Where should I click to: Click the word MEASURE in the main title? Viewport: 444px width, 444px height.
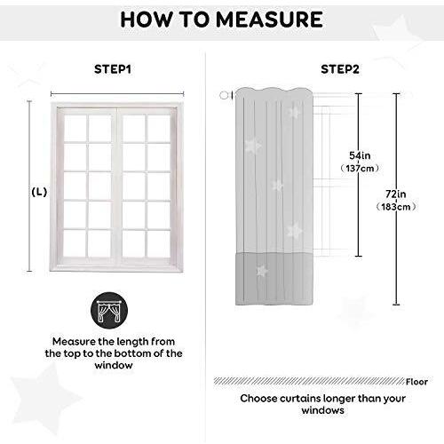[x=270, y=20]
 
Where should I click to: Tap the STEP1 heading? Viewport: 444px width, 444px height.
[x=113, y=69]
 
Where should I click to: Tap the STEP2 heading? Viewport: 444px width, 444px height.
[x=340, y=69]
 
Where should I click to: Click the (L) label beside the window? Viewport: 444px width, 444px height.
[x=39, y=192]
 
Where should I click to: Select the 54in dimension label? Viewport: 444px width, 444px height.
[x=360, y=155]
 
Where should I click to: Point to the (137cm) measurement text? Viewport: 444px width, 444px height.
[x=360, y=169]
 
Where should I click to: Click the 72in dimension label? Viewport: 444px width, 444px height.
[x=396, y=194]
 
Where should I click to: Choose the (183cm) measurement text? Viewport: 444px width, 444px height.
[x=396, y=207]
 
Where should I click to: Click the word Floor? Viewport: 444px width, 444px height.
[x=416, y=382]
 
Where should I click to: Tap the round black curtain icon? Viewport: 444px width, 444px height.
[x=109, y=311]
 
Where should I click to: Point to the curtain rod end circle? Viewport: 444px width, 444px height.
[x=224, y=95]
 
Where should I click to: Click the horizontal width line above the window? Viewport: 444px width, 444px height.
[x=117, y=94]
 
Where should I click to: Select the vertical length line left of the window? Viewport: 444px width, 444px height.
[x=29, y=186]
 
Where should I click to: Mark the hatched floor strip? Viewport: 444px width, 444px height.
[x=309, y=381]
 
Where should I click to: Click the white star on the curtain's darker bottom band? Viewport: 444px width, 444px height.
[x=261, y=271]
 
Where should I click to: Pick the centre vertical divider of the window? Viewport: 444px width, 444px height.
[x=117, y=186]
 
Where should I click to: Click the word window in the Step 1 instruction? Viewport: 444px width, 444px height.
[x=114, y=365]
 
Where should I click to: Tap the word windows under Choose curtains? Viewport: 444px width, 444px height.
[x=323, y=410]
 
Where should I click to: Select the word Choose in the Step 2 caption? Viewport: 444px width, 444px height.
[x=258, y=399]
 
